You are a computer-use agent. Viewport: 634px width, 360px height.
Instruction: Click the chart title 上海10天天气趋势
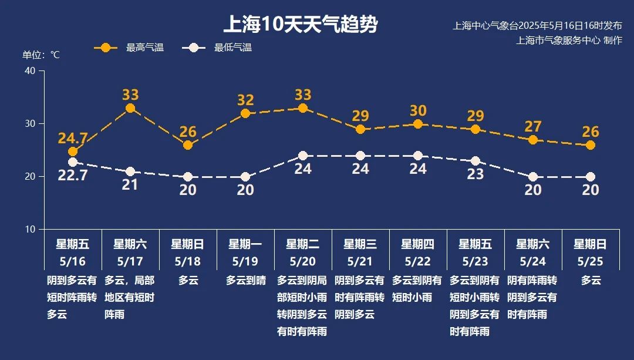[x=300, y=25]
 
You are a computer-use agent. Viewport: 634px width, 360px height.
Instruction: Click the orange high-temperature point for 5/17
[x=130, y=108]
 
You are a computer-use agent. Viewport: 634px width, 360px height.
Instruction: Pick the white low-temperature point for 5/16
[x=73, y=162]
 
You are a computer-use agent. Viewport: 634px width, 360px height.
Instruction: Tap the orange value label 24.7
[x=73, y=139]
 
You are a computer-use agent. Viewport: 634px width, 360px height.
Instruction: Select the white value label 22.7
[x=73, y=175]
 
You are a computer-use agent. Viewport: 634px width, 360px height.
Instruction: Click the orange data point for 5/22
[x=418, y=124]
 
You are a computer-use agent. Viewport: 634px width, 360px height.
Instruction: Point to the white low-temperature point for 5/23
[x=475, y=161]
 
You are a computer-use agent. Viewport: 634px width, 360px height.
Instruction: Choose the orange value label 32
[x=245, y=100]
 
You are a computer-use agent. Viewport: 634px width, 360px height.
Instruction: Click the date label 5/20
[x=302, y=261]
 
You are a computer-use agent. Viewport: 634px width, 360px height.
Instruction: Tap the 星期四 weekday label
[x=417, y=244]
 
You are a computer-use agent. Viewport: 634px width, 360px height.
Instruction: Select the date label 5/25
[x=590, y=261]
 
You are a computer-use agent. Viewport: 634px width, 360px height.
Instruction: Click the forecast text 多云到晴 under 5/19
[x=245, y=281]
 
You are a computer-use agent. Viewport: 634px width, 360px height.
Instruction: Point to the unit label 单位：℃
[x=41, y=55]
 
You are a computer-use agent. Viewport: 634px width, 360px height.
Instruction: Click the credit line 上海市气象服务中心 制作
[x=568, y=40]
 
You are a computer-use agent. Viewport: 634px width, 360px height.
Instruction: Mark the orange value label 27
[x=532, y=126]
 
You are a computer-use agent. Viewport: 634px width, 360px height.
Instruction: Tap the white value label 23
[x=475, y=174]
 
